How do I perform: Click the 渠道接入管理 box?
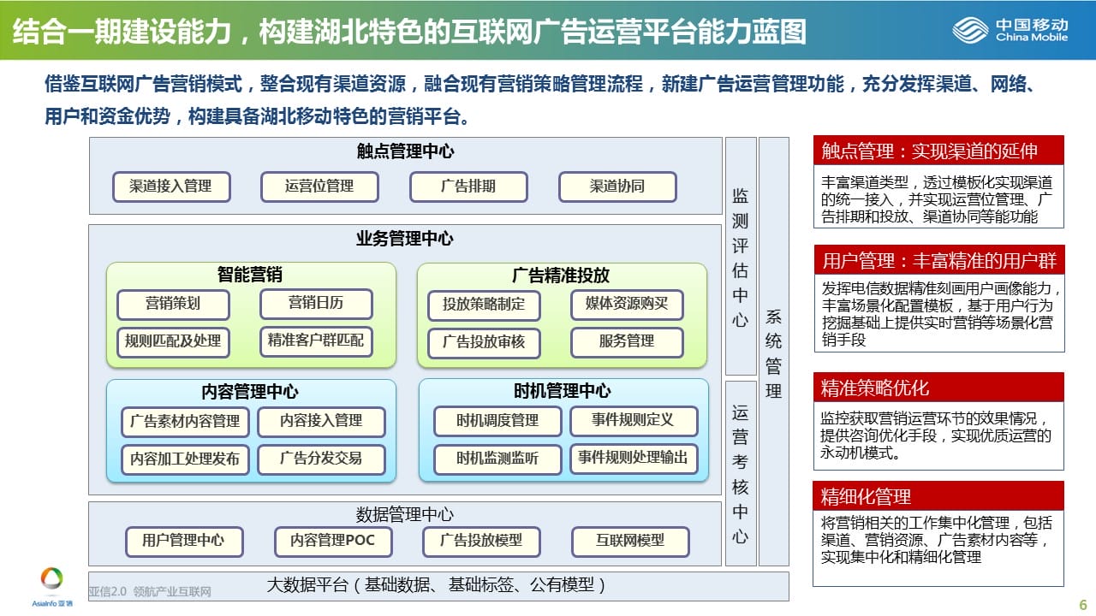tap(171, 187)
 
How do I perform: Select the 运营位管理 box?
tap(319, 187)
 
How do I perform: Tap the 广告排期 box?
tap(468, 187)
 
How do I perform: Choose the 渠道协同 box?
tap(617, 187)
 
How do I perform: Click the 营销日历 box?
tap(316, 304)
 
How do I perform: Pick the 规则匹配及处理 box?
tap(173, 341)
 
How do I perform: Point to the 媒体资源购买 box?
tap(627, 305)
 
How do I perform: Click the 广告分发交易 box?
tap(321, 459)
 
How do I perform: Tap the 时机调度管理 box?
tap(497, 421)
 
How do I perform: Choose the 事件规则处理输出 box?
tap(634, 458)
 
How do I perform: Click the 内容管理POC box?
tap(333, 542)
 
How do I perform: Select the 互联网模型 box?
tap(630, 542)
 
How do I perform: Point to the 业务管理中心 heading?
tap(405, 239)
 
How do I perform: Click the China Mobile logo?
tap(1010, 30)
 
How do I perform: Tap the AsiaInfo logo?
tap(52, 587)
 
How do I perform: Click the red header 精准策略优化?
tap(938, 388)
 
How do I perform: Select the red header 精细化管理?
tap(938, 496)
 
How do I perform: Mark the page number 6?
tap(1083, 605)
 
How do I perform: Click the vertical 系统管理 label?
tap(773, 353)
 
